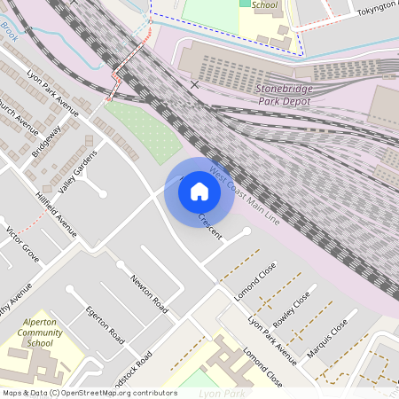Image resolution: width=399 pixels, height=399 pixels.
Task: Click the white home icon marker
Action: pyautogui.click(x=199, y=192)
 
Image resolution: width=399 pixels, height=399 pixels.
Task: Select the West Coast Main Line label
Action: pyautogui.click(x=244, y=194)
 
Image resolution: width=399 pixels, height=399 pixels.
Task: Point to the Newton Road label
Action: pyautogui.click(x=149, y=293)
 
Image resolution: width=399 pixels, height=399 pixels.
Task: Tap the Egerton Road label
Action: pyautogui.click(x=105, y=324)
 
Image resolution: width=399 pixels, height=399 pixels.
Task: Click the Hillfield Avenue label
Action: pyautogui.click(x=57, y=212)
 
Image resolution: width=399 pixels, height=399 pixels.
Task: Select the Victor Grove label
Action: pyautogui.click(x=22, y=245)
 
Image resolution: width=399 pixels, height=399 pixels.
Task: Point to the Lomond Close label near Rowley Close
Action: pyautogui.click(x=256, y=280)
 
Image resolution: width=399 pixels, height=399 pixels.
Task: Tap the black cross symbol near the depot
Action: pyautogui.click(x=194, y=84)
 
